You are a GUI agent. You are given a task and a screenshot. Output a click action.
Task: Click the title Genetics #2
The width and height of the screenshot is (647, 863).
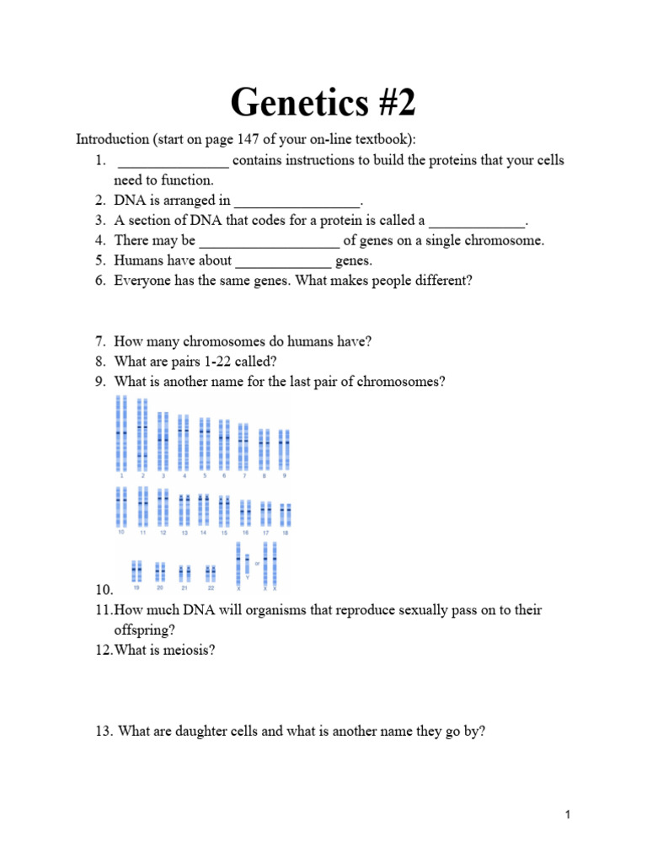click(323, 104)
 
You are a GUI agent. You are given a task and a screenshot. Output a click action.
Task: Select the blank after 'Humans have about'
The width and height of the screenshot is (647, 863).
click(282, 262)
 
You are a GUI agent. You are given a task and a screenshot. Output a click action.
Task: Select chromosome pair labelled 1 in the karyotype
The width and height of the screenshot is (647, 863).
click(121, 434)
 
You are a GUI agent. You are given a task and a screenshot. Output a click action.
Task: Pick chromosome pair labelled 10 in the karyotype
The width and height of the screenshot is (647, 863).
click(121, 507)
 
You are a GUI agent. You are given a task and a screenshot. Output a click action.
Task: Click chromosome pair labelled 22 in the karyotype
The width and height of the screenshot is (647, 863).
click(211, 573)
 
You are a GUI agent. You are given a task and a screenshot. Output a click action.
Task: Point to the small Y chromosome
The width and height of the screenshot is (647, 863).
click(247, 563)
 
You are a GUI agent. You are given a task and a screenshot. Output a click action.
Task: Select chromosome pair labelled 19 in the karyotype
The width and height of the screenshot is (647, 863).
click(136, 572)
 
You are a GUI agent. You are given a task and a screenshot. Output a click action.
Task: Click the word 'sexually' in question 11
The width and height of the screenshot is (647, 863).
click(398, 610)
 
